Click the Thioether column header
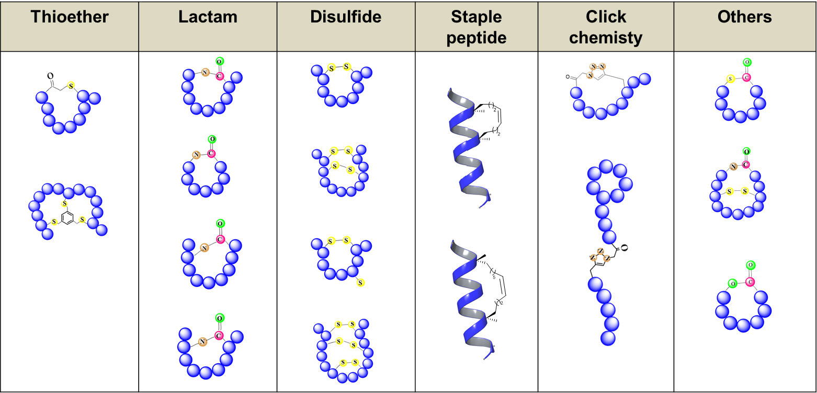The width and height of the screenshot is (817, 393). tap(70, 17)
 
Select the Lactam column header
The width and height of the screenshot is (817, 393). tap(208, 17)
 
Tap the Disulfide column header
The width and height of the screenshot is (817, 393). tap(346, 17)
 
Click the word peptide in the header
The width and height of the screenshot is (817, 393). tap(476, 38)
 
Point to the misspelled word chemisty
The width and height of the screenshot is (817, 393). tap(606, 38)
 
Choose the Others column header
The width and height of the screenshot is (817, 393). tap(744, 17)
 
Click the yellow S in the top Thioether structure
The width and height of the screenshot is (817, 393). tap(71, 85)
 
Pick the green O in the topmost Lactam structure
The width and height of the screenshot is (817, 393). tap(220, 61)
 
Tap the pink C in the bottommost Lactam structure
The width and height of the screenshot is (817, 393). tap(219, 336)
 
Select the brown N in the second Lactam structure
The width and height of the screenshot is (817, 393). tap(196, 155)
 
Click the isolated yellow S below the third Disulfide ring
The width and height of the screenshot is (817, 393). tap(360, 283)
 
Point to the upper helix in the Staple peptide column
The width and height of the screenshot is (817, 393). tap(467, 148)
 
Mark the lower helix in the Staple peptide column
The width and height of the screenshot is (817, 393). tap(470, 299)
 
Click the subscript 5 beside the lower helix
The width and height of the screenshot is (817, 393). tap(494, 278)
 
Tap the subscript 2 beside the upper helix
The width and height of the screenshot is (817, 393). tap(495, 110)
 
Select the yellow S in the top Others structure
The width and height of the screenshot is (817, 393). tap(731, 79)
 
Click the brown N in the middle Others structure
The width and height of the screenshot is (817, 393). tap(733, 167)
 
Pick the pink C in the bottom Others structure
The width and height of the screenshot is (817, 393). tap(750, 282)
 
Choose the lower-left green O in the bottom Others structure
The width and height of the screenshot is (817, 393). tap(732, 284)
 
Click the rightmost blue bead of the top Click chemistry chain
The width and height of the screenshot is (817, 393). tap(645, 79)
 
